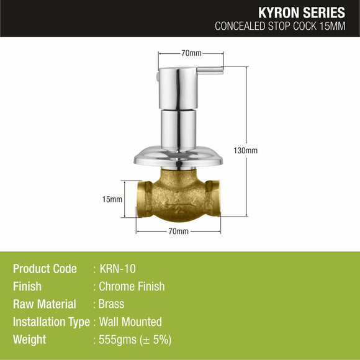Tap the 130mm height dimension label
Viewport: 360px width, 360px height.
click(x=246, y=151)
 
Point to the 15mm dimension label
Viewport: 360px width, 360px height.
click(x=112, y=199)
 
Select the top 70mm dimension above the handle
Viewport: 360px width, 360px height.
click(x=191, y=54)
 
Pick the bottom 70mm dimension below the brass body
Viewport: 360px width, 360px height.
click(x=178, y=232)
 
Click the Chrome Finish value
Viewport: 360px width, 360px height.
click(x=132, y=287)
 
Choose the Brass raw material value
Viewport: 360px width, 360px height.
click(x=112, y=304)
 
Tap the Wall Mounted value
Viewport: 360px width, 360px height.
click(x=130, y=322)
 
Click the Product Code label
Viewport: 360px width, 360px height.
click(x=45, y=269)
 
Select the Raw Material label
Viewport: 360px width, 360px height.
click(x=45, y=304)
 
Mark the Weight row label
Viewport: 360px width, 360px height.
click(x=29, y=340)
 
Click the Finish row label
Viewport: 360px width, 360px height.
click(x=27, y=287)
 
